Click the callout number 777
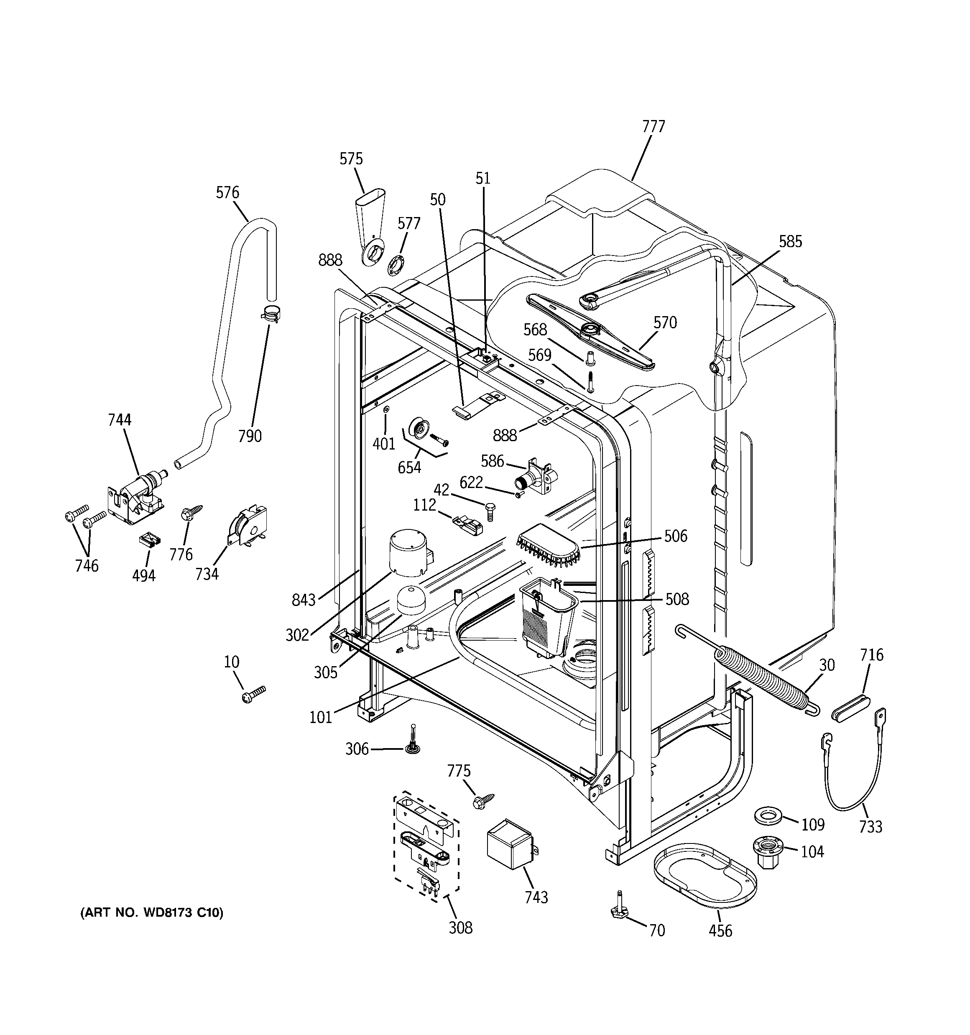pyautogui.click(x=653, y=127)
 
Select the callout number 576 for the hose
pyautogui.click(x=227, y=193)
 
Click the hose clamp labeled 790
pyautogui.click(x=270, y=314)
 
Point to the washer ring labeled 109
pyautogui.click(x=768, y=816)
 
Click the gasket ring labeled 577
pyautogui.click(x=397, y=266)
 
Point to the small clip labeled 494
pyautogui.click(x=149, y=539)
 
